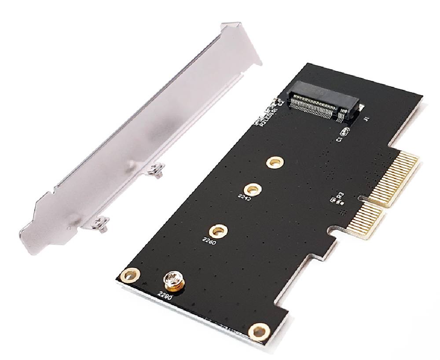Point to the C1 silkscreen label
pos(339,139)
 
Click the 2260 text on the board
pos(209,240)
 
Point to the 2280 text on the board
pos(165,295)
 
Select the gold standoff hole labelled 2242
pos(252,189)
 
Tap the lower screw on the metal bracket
pos(101,225)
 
